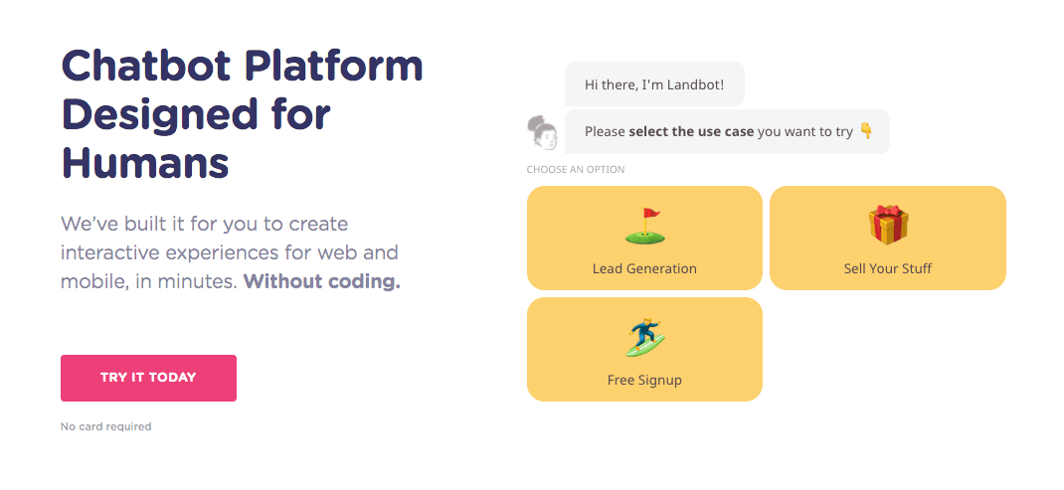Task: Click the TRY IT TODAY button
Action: (148, 378)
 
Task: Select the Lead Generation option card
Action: (644, 239)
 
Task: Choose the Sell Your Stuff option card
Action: (888, 239)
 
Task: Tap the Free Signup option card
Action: (644, 350)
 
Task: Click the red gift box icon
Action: (888, 226)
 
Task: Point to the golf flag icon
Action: (644, 226)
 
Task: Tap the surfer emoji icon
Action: (645, 337)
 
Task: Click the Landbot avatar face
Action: (542, 132)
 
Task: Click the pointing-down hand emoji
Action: (866, 131)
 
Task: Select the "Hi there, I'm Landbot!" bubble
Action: (654, 84)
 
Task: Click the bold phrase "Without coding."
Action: (321, 281)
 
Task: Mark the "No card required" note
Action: (106, 426)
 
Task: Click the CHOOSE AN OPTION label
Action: (576, 170)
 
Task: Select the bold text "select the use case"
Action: (691, 131)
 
